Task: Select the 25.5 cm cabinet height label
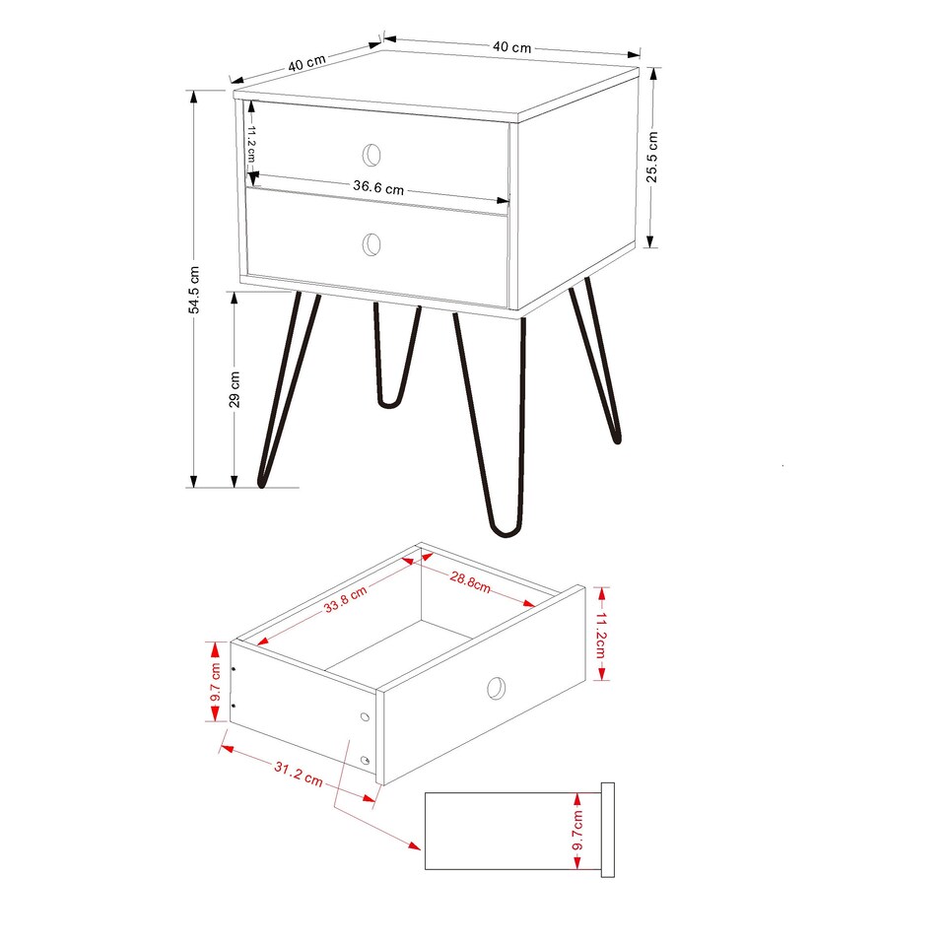pyautogui.click(x=652, y=158)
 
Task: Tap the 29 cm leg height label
pyautogui.click(x=235, y=389)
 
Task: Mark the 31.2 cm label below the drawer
pyautogui.click(x=298, y=776)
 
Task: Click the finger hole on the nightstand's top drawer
pyautogui.click(x=372, y=154)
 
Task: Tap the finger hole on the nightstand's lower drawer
pyautogui.click(x=372, y=243)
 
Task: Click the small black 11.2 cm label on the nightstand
pyautogui.click(x=251, y=145)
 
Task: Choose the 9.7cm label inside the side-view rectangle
pyautogui.click(x=578, y=831)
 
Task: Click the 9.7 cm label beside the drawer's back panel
pyautogui.click(x=214, y=681)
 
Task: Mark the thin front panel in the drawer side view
pyautogui.click(x=607, y=829)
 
